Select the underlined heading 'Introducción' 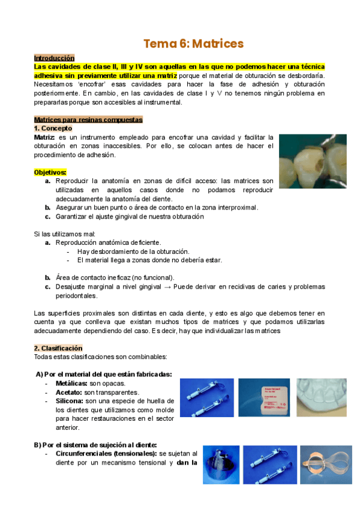tap(54, 58)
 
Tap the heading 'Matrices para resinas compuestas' tap(88, 119)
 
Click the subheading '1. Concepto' tap(53, 128)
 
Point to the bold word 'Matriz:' tap(44, 137)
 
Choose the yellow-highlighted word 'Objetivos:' tap(50, 172)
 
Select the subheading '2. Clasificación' tap(58, 348)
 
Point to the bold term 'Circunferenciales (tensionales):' tap(106, 454)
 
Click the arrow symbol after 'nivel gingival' tap(167, 287)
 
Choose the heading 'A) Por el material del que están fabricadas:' tap(104, 374)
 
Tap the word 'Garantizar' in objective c tap(73, 217)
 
